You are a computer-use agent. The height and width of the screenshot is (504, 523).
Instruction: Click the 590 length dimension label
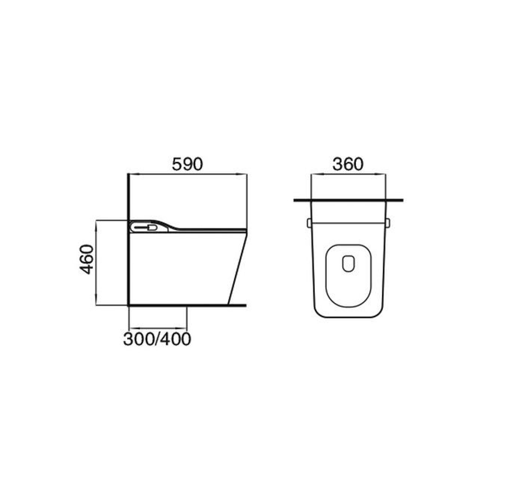point(187,164)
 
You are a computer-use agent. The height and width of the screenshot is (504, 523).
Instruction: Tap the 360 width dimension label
point(348,164)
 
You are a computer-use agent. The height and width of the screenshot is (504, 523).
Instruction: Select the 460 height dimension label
point(87,260)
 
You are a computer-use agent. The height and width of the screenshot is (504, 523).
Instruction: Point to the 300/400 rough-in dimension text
point(157,339)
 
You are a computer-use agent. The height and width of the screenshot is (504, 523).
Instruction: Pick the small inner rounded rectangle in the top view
point(348,264)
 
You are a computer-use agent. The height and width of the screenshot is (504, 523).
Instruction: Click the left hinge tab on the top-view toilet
point(309,223)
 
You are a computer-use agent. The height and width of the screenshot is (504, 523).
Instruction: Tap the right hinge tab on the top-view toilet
point(388,223)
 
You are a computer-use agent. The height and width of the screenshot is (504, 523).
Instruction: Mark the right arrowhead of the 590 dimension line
point(242,174)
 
